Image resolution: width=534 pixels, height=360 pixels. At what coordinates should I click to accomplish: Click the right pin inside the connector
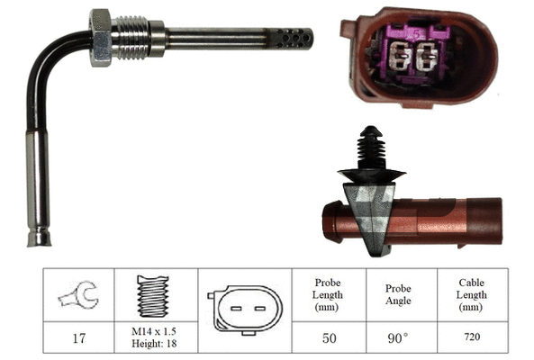(428, 59)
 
